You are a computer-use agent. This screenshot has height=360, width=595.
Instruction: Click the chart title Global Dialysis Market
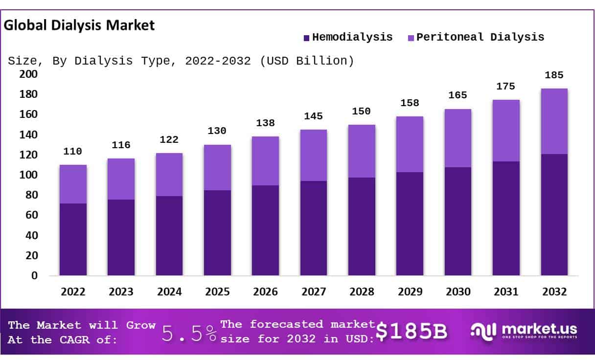pos(79,25)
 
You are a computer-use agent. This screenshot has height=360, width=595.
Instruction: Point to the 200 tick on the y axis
pos(28,74)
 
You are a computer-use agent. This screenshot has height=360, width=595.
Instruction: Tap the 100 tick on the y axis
pos(28,175)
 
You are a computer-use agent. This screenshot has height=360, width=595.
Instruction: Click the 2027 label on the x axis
pos(314,292)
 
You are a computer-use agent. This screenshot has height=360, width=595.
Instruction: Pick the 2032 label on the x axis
pos(554,292)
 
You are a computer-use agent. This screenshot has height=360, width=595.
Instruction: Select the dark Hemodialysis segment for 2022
pos(73,239)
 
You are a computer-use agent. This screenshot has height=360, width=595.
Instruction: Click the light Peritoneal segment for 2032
pos(554,121)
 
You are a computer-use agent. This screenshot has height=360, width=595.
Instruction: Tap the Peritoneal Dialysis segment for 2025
pos(217,167)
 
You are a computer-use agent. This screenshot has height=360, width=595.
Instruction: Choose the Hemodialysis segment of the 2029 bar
pos(410,224)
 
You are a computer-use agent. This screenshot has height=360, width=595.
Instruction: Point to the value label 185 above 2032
pos(554,75)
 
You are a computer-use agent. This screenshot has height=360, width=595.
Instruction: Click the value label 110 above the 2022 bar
pos(73,152)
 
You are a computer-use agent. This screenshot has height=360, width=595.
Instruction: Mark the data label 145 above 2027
pos(314,116)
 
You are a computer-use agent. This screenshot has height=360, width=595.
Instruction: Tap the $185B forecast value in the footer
pos(412,332)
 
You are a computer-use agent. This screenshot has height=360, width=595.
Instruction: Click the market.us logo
pos(524,331)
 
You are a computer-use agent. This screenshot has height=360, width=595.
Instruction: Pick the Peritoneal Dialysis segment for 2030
pos(458,138)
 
